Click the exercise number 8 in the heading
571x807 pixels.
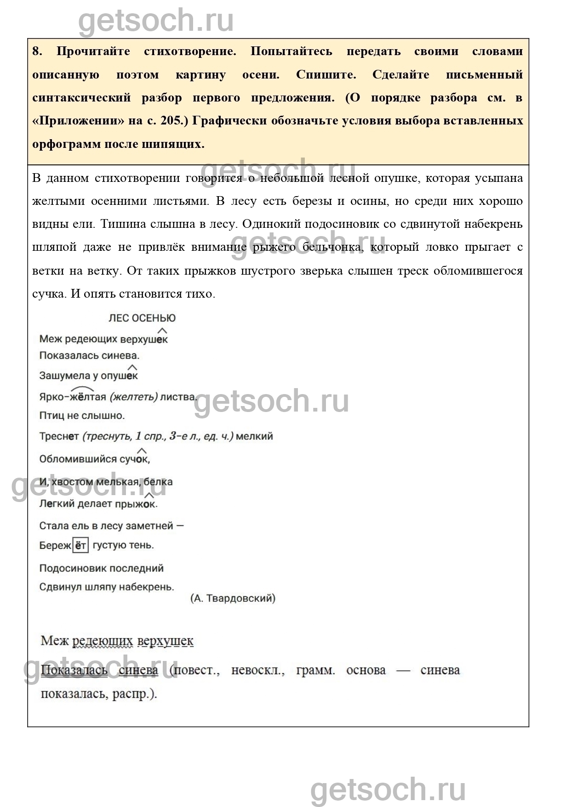tap(37, 51)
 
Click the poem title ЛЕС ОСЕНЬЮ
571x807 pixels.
tap(142, 318)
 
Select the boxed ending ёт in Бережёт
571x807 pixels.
tap(80, 545)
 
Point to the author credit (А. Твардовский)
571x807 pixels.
tap(233, 598)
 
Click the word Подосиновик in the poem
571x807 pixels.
tap(69, 568)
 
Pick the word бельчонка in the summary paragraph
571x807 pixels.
tap(334, 247)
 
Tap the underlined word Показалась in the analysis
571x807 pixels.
tap(74, 670)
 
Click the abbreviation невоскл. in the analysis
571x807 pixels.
tap(258, 670)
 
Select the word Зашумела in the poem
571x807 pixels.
tap(62, 376)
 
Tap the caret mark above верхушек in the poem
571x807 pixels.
tap(162, 330)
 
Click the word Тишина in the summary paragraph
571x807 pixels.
tap(121, 224)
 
